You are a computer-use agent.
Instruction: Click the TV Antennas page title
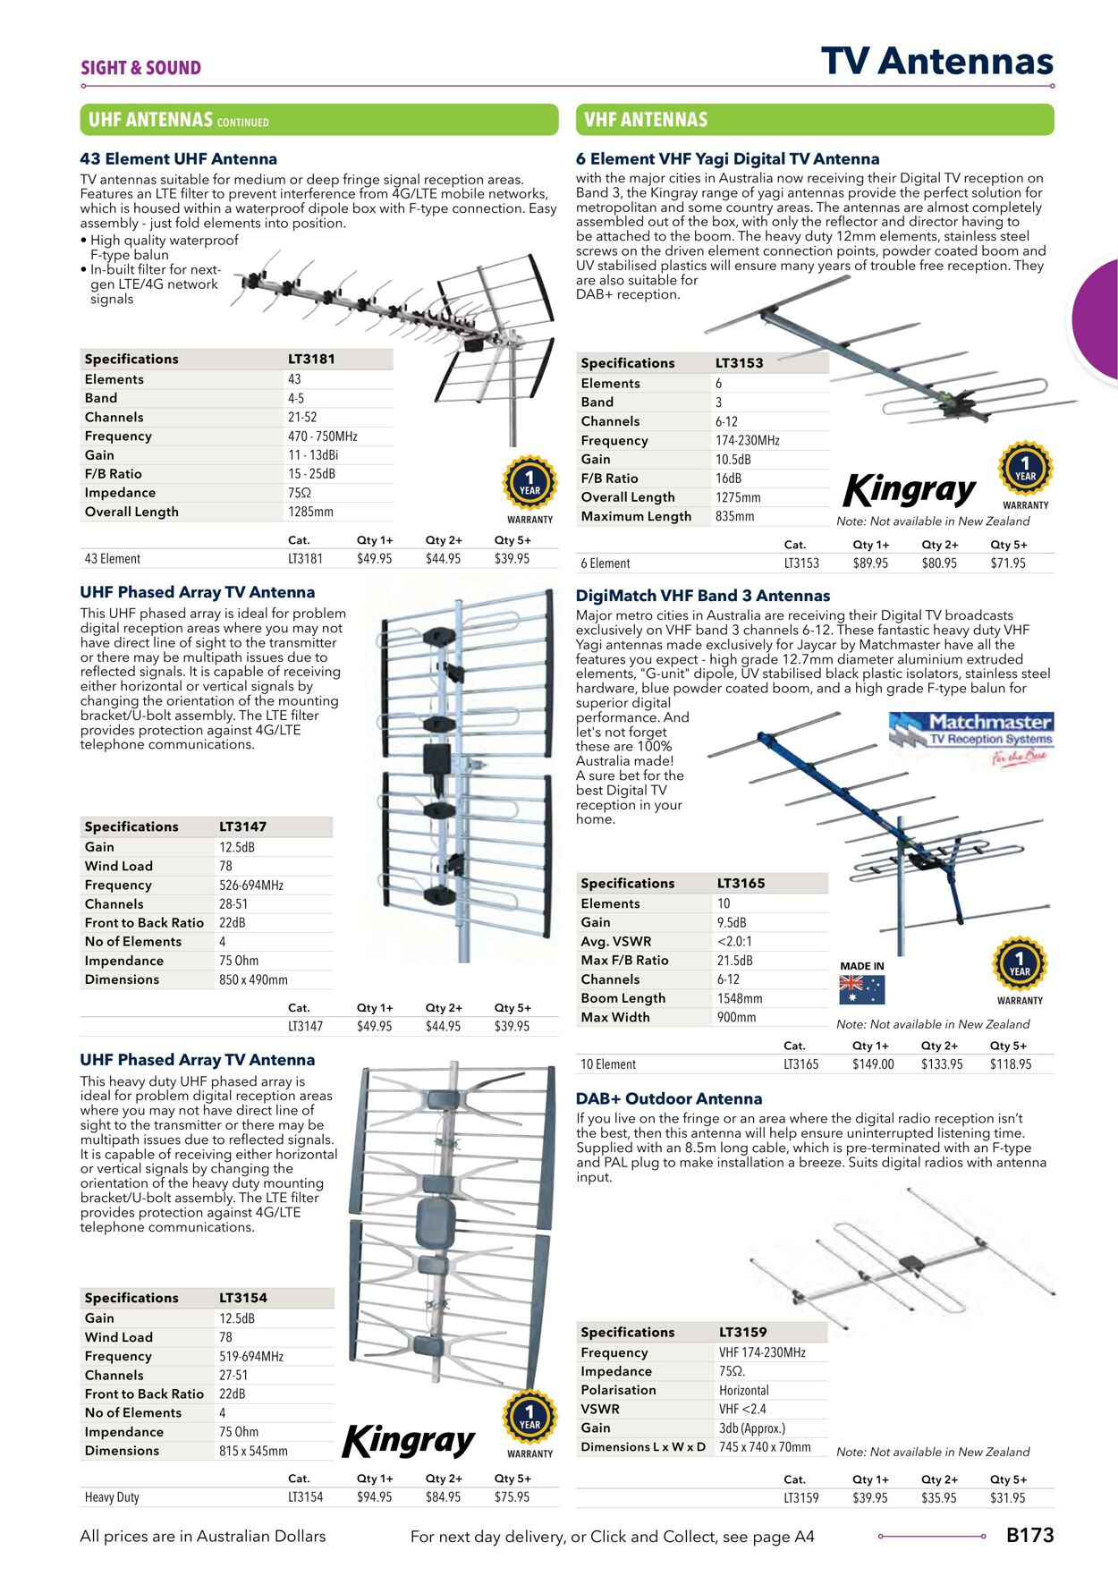[936, 62]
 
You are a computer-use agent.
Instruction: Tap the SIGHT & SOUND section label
[140, 68]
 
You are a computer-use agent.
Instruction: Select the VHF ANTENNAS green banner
[814, 120]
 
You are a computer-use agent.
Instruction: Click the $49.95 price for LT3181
[374, 559]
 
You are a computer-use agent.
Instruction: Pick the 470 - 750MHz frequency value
[322, 436]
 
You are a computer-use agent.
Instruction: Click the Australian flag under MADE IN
[861, 990]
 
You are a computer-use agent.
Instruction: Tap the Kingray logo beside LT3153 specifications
[910, 490]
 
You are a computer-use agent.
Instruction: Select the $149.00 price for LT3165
[873, 1064]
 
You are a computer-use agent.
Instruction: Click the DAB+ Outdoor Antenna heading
[668, 1099]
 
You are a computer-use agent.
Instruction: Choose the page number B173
[1029, 1536]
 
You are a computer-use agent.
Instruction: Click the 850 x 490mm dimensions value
[253, 980]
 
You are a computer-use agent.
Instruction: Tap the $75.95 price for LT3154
[512, 1497]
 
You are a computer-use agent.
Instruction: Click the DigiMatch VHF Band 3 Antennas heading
[702, 596]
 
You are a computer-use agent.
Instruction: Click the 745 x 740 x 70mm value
[765, 1447]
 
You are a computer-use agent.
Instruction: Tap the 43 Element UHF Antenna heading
[178, 159]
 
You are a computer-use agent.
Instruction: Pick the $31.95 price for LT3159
[1007, 1498]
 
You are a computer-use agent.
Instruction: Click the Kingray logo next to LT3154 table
[408, 1441]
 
